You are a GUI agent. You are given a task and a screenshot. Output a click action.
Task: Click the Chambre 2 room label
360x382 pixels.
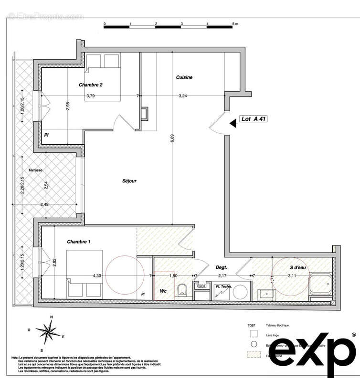point(91,85)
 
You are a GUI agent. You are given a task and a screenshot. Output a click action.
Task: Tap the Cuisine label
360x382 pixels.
point(184,77)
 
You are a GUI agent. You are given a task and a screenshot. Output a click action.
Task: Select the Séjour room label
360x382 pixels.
point(129,181)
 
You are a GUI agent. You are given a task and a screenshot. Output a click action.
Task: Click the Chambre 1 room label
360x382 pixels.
point(79,242)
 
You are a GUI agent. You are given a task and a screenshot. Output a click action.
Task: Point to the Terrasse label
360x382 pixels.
point(35,170)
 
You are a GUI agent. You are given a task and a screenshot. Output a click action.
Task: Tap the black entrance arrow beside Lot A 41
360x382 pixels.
point(233,123)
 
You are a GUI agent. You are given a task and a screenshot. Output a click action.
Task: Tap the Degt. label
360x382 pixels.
point(221,268)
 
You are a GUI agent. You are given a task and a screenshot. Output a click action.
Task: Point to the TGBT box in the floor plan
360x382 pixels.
point(202,286)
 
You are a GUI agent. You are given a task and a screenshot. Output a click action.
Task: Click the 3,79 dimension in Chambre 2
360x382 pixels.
point(90,96)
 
